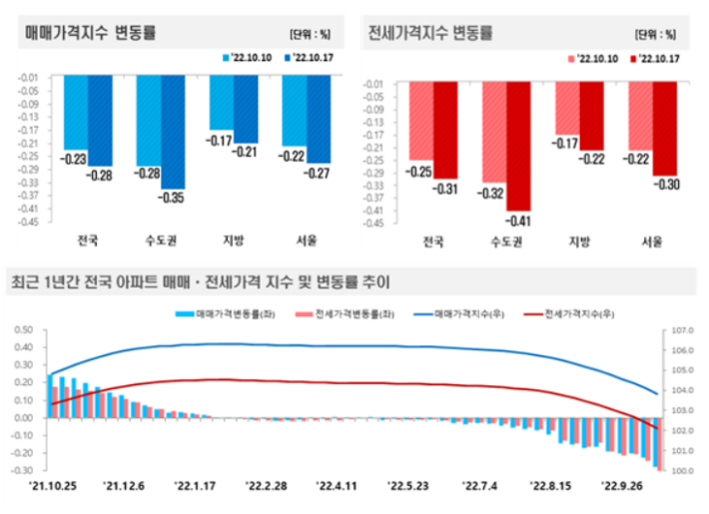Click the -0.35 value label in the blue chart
pyautogui.click(x=172, y=197)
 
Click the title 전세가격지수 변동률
pyautogui.click(x=430, y=32)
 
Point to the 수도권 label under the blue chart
pyautogui.click(x=160, y=241)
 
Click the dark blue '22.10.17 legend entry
pyautogui.click(x=309, y=58)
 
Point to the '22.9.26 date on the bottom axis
pyautogui.click(x=621, y=486)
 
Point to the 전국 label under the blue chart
pyautogui.click(x=88, y=241)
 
